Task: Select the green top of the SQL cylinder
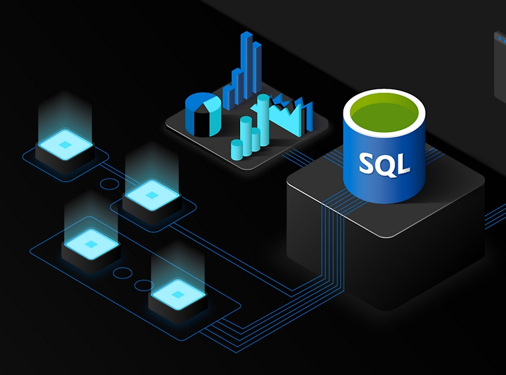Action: pyautogui.click(x=384, y=113)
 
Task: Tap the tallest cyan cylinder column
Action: pyautogui.click(x=263, y=120)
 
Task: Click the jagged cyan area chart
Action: pyautogui.click(x=290, y=116)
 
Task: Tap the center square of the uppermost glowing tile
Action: pyautogui.click(x=66, y=145)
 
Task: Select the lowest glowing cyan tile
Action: pyautogui.click(x=178, y=294)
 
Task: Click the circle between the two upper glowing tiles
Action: pyautogui.click(x=109, y=184)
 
